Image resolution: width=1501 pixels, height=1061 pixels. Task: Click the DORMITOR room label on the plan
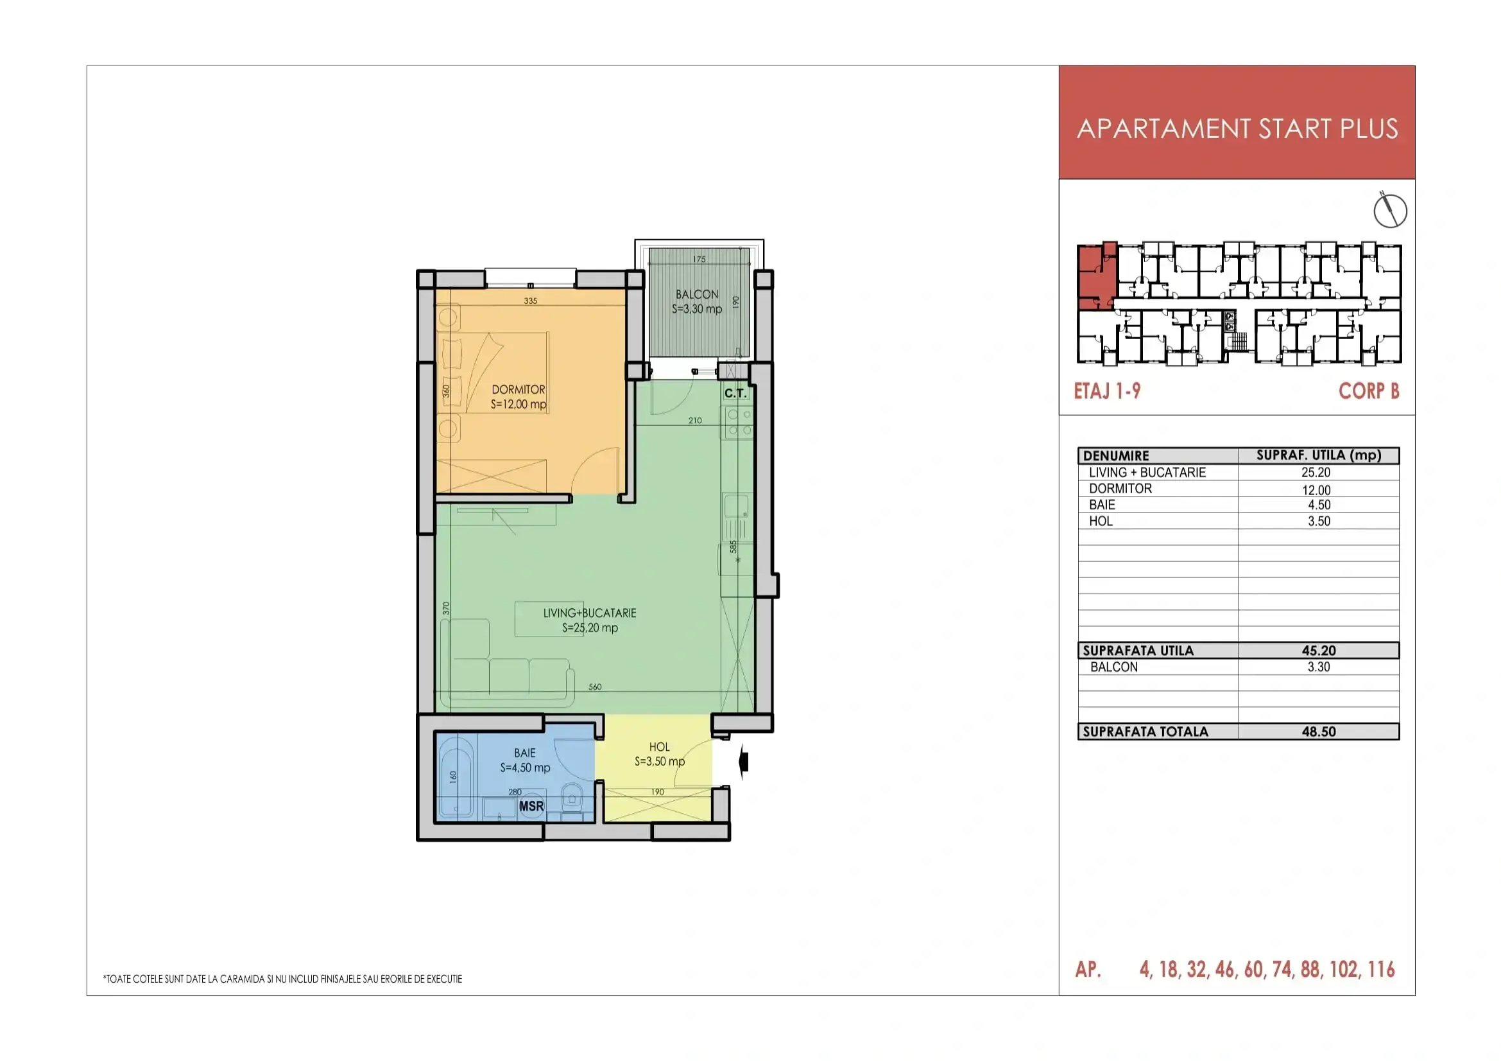(519, 389)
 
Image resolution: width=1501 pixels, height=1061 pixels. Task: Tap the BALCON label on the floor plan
(697, 294)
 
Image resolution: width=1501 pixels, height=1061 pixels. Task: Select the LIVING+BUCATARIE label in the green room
(590, 613)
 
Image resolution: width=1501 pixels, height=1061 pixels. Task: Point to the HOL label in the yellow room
(659, 747)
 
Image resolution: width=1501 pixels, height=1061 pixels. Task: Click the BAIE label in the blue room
(525, 753)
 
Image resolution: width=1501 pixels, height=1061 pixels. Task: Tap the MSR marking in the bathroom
(531, 806)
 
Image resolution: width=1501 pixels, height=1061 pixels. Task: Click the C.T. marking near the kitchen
(735, 393)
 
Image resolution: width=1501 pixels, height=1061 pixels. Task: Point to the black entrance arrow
(742, 762)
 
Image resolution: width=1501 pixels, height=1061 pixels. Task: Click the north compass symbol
(1390, 210)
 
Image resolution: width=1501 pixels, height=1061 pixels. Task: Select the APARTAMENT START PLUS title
(1237, 129)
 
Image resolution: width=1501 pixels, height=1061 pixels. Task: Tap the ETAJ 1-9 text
(1108, 391)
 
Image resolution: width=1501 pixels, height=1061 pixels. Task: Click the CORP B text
(1369, 391)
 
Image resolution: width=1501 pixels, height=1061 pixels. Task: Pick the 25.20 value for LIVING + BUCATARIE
(1316, 472)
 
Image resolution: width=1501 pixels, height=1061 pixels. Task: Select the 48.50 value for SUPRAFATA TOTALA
(1319, 732)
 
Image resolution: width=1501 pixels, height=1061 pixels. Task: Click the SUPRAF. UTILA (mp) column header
(1319, 455)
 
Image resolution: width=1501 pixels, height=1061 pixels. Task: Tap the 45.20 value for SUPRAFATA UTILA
(1319, 650)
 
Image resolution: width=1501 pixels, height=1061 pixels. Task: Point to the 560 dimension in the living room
(595, 687)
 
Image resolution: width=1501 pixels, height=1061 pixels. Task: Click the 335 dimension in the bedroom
(530, 301)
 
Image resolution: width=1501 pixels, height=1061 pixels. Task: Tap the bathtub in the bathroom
(456, 776)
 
